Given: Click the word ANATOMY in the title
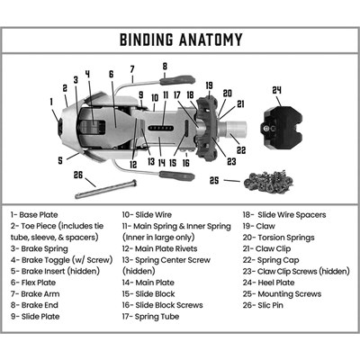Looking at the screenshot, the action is coord(211,40).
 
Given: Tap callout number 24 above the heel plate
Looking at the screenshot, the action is coord(276,90).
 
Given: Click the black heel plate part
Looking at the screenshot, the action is coord(283,127).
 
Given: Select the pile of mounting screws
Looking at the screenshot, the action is coord(268,180).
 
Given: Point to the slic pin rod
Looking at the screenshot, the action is coord(105,189).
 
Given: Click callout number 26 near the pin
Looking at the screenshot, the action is coord(78,175).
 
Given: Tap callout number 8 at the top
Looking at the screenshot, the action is coord(165,67).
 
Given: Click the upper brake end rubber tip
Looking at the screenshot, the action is coord(177,80).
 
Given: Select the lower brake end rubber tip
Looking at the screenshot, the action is coord(177,176).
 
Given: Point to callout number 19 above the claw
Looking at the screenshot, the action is coord(209,85).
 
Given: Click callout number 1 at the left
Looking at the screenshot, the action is coord(51,102).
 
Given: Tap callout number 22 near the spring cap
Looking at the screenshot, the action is coord(241,149).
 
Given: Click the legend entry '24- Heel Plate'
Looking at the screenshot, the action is coord(269,283).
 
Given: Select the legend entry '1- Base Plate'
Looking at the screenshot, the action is coord(34,215).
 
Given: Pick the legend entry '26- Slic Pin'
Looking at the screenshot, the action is coord(263,305).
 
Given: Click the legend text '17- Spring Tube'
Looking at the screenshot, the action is coord(150,317).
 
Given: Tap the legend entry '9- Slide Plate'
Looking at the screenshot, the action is coord(35,317).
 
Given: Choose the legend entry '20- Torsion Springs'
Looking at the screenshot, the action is coord(279,238).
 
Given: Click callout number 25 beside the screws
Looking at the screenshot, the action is coord(214,181).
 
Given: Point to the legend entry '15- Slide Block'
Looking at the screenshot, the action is coord(148,294).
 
